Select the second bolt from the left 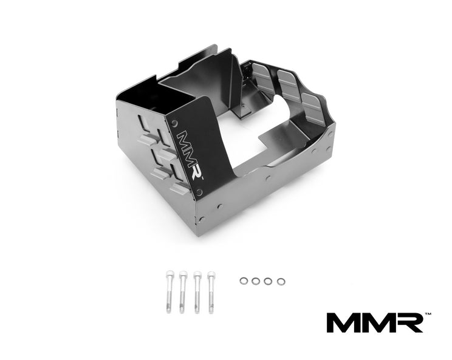[x=183, y=292]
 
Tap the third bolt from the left [x=197, y=292]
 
